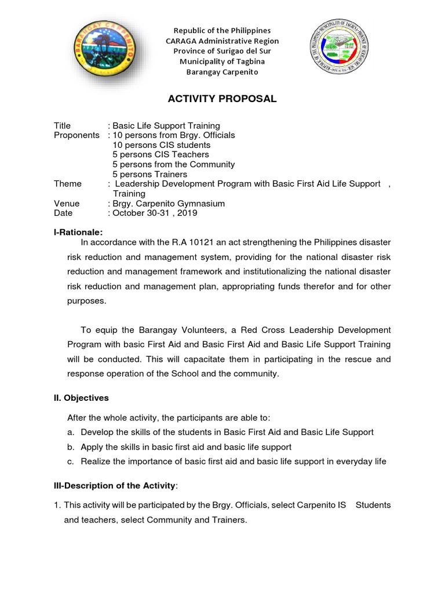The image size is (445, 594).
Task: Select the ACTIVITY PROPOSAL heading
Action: [x=222, y=99]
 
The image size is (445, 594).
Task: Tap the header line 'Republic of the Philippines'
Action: [x=222, y=30]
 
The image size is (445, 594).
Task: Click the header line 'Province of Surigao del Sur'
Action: [x=222, y=51]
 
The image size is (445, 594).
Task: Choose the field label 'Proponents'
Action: [x=76, y=135]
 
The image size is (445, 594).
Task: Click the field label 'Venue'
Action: [x=67, y=204]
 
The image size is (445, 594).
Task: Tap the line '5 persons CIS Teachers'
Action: [x=161, y=155]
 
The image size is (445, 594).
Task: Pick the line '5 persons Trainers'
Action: [x=149, y=174]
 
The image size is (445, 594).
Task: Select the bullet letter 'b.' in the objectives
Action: [x=71, y=447]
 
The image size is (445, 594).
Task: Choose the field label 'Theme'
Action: [x=68, y=184]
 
